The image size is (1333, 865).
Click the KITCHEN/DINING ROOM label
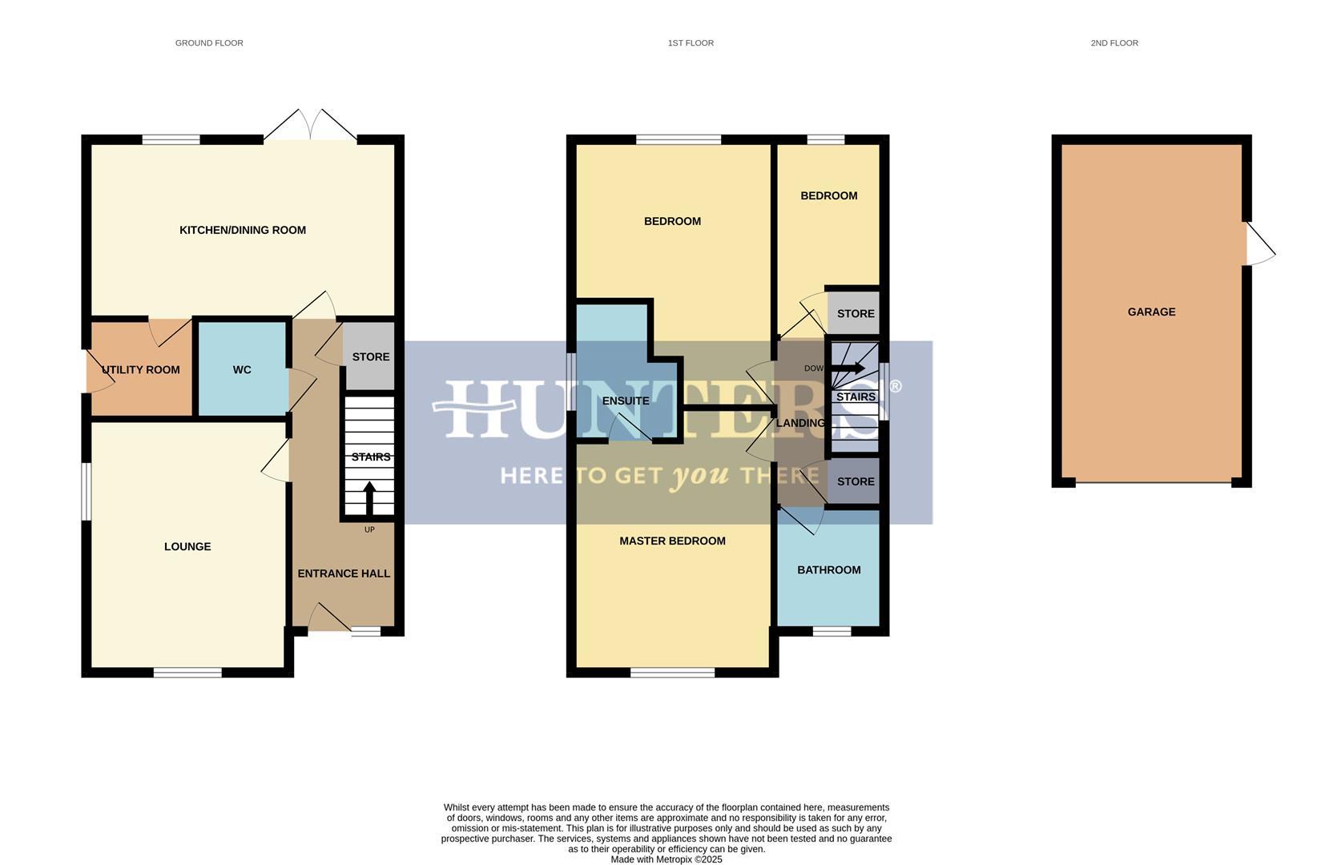pyautogui.click(x=242, y=230)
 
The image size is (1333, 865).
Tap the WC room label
pyautogui.click(x=242, y=369)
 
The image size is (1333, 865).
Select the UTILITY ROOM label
pyautogui.click(x=141, y=369)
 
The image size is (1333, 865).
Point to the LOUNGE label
pyautogui.click(x=187, y=546)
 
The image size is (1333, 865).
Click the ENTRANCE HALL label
pyautogui.click(x=344, y=573)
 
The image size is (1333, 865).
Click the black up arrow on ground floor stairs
pyautogui.click(x=369, y=497)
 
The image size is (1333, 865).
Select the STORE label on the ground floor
pyautogui.click(x=371, y=356)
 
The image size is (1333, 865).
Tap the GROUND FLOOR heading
pyautogui.click(x=209, y=43)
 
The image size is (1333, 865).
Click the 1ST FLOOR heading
pyautogui.click(x=691, y=43)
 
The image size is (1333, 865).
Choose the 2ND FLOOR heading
pyautogui.click(x=1114, y=43)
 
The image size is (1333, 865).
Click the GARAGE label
pyautogui.click(x=1151, y=312)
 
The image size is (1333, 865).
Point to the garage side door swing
pyautogui.click(x=1259, y=244)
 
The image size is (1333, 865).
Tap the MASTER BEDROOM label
pyautogui.click(x=672, y=541)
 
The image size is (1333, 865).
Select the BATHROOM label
pyautogui.click(x=828, y=569)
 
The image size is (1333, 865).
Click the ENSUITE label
pyautogui.click(x=626, y=400)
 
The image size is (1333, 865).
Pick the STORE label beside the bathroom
pyautogui.click(x=856, y=481)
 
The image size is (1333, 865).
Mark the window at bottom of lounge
pyautogui.click(x=187, y=672)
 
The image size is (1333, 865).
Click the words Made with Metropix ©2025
pyautogui.click(x=666, y=859)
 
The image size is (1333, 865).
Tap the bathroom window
pyautogui.click(x=832, y=631)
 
